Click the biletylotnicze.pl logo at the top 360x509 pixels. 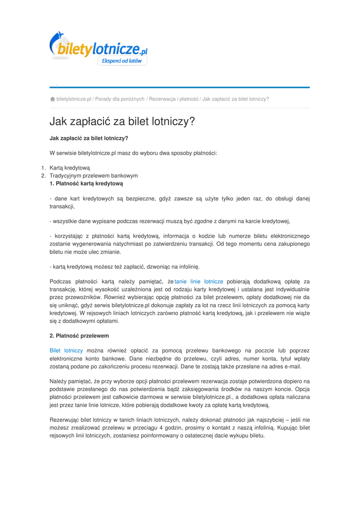[x=98, y=46]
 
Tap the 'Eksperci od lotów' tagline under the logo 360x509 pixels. [x=122, y=61]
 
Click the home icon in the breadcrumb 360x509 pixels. [x=52, y=99]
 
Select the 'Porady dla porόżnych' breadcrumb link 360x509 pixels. [x=120, y=99]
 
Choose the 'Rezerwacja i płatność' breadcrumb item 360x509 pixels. [x=174, y=99]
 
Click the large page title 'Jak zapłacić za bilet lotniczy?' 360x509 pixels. [x=122, y=121]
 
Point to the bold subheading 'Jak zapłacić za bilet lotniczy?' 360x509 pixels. [x=89, y=138]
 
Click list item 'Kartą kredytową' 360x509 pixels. [x=70, y=168]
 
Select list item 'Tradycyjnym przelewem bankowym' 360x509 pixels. [x=93, y=175]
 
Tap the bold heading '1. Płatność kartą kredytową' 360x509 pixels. [x=86, y=183]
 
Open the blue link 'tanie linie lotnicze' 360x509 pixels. [x=199, y=281]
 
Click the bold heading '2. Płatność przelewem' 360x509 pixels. [x=79, y=336]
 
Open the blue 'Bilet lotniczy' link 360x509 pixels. [x=66, y=350]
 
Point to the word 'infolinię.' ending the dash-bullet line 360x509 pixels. [x=186, y=266]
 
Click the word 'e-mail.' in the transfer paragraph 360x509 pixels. [x=291, y=366]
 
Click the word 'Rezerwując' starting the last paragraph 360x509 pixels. [x=65, y=420]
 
